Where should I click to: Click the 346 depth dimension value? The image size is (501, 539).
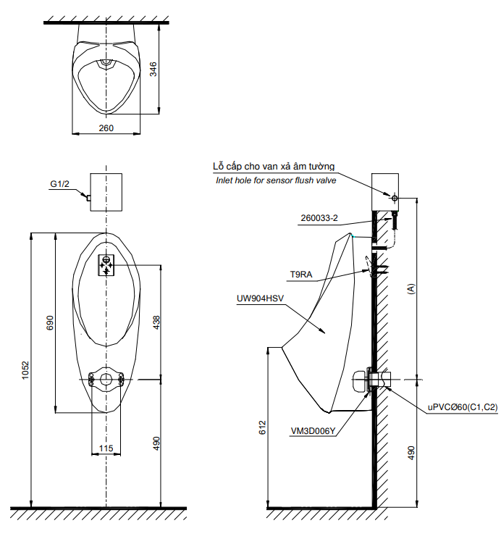click(153, 69)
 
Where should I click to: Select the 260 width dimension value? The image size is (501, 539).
click(106, 128)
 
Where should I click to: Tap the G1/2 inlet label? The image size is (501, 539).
click(59, 184)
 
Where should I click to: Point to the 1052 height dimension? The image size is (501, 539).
click(25, 370)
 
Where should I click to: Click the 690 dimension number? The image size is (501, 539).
click(50, 323)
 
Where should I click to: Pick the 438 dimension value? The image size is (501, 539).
click(156, 323)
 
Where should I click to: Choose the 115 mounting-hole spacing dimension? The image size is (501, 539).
click(106, 448)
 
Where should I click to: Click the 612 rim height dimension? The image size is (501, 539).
click(262, 427)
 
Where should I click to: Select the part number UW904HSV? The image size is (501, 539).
click(260, 298)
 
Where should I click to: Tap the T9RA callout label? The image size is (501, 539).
click(301, 275)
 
